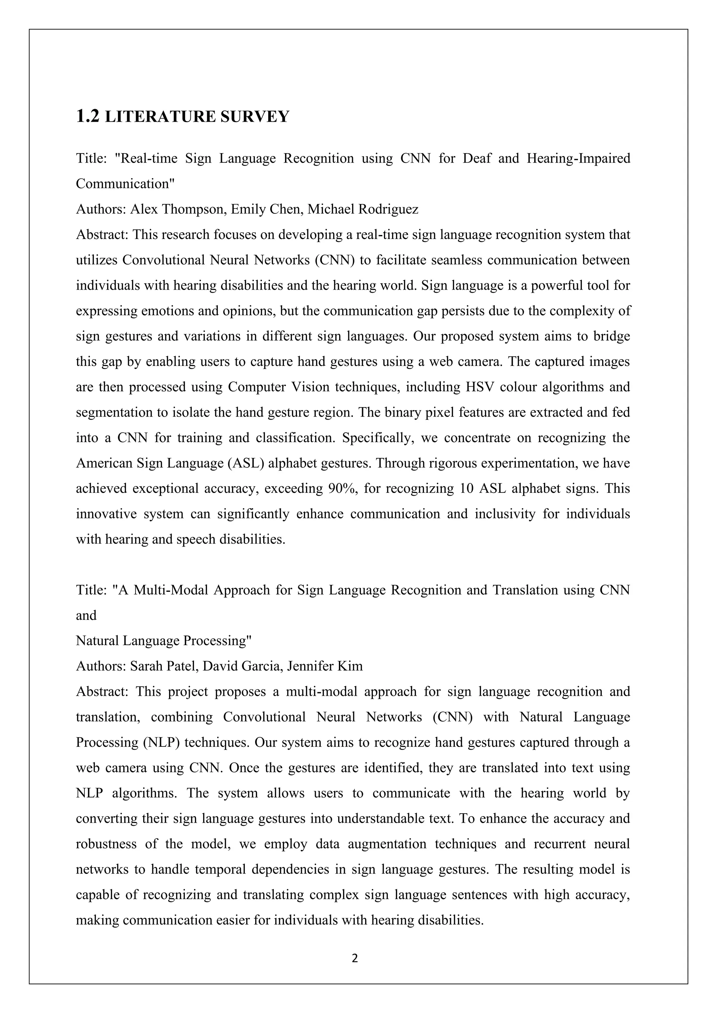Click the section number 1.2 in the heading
click(88, 116)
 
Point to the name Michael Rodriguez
click(362, 209)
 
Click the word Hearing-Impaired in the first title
click(578, 158)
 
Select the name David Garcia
click(242, 666)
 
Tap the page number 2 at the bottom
click(355, 958)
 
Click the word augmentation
click(387, 844)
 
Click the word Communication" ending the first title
click(125, 184)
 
